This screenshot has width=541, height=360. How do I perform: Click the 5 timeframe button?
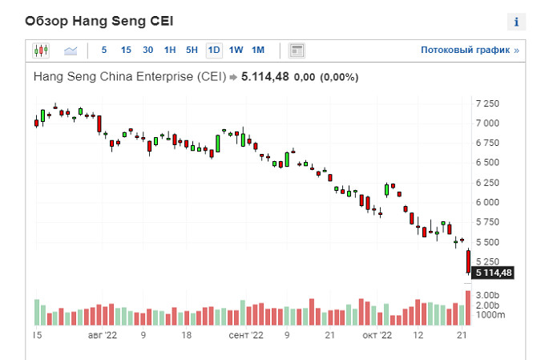[103, 50]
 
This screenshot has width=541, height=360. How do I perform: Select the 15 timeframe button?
[126, 50]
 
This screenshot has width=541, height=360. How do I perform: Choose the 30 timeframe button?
[148, 50]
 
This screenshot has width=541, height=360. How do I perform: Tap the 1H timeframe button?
[170, 50]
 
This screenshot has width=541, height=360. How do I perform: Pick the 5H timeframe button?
[192, 50]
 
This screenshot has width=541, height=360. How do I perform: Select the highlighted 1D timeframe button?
[214, 50]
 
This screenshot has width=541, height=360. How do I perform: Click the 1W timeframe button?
[236, 50]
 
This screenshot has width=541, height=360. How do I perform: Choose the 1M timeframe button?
[257, 50]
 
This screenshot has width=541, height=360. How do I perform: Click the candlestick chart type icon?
[41, 51]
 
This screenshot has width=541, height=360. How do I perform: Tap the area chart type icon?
[71, 51]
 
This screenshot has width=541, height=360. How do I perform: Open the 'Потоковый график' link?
[470, 50]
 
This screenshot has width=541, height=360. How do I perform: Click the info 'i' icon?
[517, 22]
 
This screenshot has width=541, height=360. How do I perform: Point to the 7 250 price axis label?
[486, 104]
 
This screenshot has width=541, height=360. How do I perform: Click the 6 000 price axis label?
[486, 202]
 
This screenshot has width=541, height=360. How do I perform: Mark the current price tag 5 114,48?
[493, 273]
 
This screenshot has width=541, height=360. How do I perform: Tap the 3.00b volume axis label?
[488, 296]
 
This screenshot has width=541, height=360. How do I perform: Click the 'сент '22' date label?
[245, 336]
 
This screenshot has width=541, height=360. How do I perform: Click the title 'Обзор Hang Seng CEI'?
[99, 20]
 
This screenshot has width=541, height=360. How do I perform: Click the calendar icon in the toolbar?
[297, 51]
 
